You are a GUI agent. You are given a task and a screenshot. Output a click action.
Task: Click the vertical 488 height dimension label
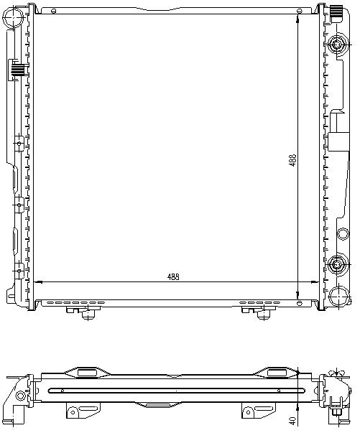[292, 161]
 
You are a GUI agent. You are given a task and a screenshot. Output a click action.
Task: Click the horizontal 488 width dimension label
[173, 276]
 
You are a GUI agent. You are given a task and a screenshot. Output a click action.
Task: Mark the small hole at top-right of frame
[299, 11]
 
